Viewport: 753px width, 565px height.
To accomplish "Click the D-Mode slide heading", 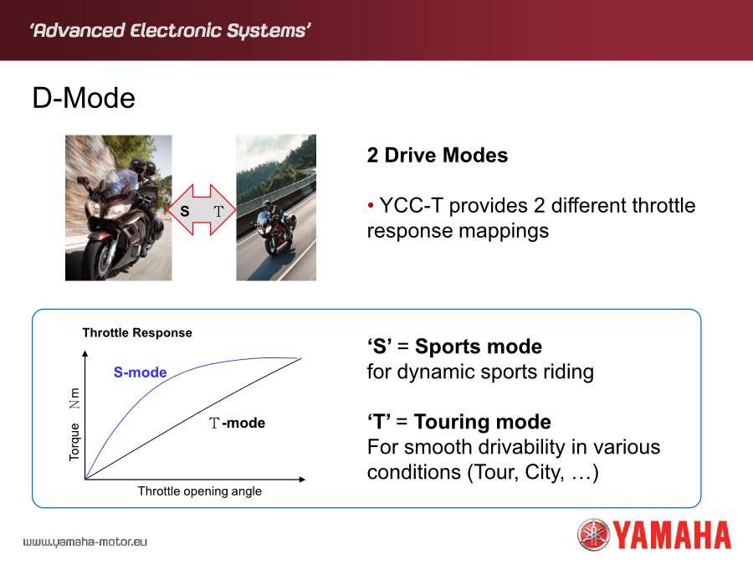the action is click(x=84, y=98).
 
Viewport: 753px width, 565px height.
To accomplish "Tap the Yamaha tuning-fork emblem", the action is click(x=593, y=534).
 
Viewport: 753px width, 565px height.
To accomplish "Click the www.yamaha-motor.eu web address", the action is click(x=85, y=542).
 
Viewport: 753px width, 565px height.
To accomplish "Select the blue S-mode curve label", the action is click(x=140, y=372).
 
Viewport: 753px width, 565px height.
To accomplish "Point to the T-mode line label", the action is click(x=237, y=423).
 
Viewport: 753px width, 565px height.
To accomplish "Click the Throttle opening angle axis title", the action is click(x=200, y=491).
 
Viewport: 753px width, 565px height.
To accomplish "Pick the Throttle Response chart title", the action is click(x=137, y=332).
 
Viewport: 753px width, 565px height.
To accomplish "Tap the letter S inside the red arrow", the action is click(x=184, y=211).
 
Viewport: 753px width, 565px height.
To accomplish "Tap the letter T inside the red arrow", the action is click(x=218, y=211).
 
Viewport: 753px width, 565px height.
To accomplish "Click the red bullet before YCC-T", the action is click(x=371, y=206).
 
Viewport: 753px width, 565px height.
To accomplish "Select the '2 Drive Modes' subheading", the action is click(x=437, y=155).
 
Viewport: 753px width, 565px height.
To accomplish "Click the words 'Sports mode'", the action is click(x=479, y=347).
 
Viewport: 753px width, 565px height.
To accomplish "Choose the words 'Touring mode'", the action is click(x=482, y=421).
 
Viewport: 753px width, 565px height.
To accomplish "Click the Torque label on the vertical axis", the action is click(x=74, y=442).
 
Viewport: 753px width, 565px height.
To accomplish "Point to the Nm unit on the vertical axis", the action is click(x=74, y=398).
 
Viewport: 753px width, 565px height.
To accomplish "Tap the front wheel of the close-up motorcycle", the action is click(x=99, y=261).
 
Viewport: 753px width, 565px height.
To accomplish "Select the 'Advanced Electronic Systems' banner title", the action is click(x=171, y=30).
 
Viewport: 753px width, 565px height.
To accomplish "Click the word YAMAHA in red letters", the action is click(x=673, y=535).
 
